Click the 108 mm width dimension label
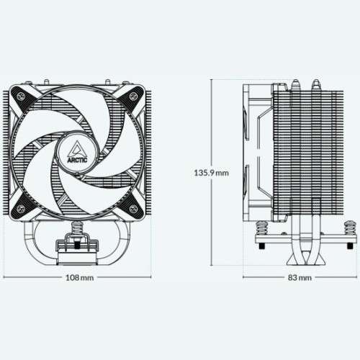click(80, 278)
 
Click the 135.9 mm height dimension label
click(211, 173)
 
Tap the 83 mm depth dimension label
click(300, 278)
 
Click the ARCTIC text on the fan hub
click(77, 159)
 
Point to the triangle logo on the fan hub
click(77, 148)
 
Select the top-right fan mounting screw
click(132, 96)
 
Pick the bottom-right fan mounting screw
click(132, 208)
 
